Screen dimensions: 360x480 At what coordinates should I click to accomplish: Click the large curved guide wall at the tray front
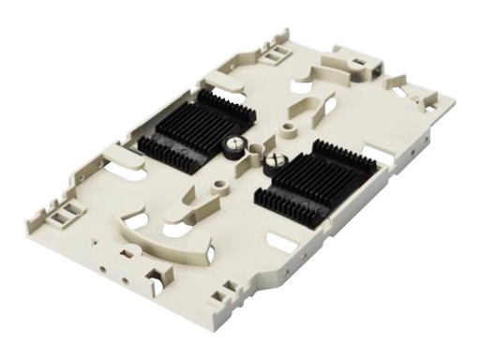[x=169, y=236]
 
